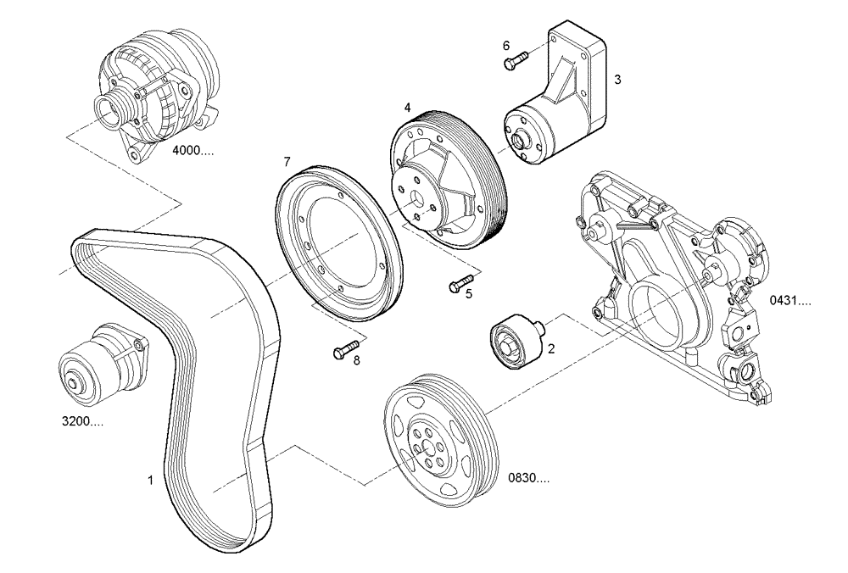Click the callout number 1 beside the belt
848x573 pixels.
tap(150, 480)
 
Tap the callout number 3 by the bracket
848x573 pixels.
tap(618, 79)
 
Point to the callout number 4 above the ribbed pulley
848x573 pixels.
tap(408, 108)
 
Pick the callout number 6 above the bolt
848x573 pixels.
tap(506, 45)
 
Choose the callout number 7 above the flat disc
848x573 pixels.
tap(287, 161)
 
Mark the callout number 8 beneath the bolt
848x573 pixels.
tap(356, 360)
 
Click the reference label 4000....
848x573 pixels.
tap(192, 151)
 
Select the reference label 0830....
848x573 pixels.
tap(528, 479)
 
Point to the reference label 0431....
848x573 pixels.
tap(790, 300)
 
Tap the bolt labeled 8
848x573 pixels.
tap(346, 348)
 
